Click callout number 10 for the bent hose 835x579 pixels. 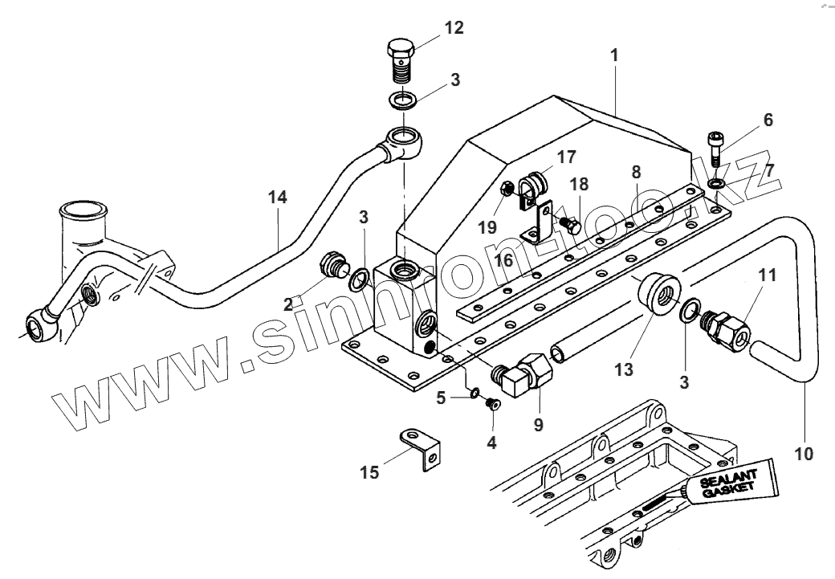pyautogui.click(x=804, y=455)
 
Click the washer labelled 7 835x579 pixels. pyautogui.click(x=715, y=186)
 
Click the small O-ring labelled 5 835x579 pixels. pyautogui.click(x=475, y=393)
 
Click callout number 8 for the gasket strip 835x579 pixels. pyautogui.click(x=636, y=171)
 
